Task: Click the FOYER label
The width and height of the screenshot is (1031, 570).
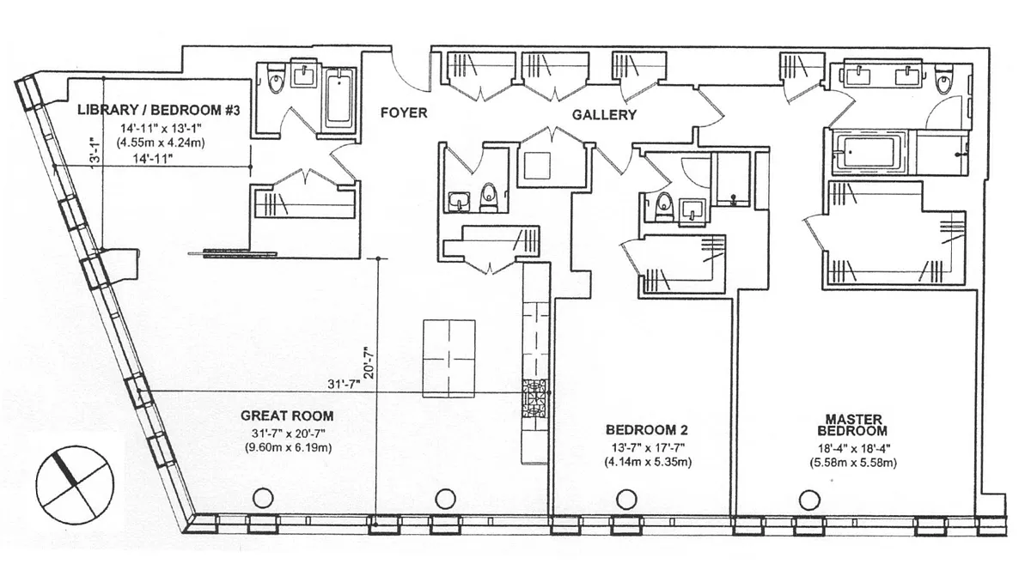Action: (x=404, y=112)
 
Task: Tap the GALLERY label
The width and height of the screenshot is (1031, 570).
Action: (x=604, y=115)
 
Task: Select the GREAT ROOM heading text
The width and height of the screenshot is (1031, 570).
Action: (x=287, y=415)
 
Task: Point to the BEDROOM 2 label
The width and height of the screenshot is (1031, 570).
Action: (x=647, y=430)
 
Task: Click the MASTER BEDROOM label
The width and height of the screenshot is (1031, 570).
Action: (x=853, y=425)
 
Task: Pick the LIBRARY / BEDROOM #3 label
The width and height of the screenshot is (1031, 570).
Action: (x=159, y=111)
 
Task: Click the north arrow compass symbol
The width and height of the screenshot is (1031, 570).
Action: (x=75, y=485)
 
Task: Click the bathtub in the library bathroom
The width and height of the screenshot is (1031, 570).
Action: (x=340, y=100)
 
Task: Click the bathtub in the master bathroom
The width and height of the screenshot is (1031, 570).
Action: (x=869, y=152)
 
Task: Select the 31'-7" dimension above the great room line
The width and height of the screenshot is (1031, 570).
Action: (x=344, y=384)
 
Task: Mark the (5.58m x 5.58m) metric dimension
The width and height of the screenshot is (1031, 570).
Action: (x=853, y=463)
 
